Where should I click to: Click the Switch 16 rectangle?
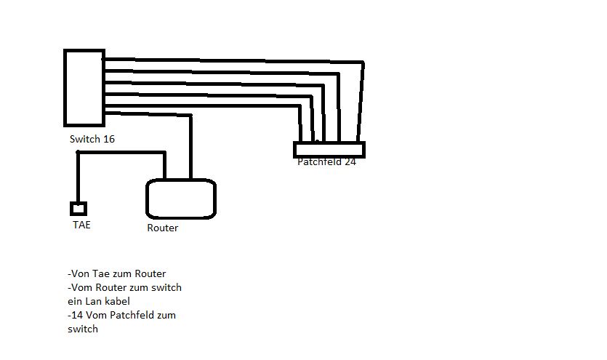(x=84, y=88)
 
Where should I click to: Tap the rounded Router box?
(x=181, y=199)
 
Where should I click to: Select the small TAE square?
(x=79, y=209)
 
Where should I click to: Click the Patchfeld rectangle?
(x=329, y=150)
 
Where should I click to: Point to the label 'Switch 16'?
(x=92, y=139)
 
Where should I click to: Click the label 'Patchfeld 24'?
(x=326, y=161)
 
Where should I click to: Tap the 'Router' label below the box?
(x=162, y=228)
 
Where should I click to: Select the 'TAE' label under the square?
(x=81, y=225)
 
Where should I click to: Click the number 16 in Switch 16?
(x=108, y=139)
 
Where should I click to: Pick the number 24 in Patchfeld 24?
(x=350, y=161)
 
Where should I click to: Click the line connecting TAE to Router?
(x=120, y=153)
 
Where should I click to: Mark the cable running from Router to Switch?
(x=190, y=145)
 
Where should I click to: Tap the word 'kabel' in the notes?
(x=118, y=301)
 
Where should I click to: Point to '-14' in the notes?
(x=74, y=315)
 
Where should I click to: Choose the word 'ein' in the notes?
(x=74, y=301)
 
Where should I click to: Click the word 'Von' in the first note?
(x=79, y=274)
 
